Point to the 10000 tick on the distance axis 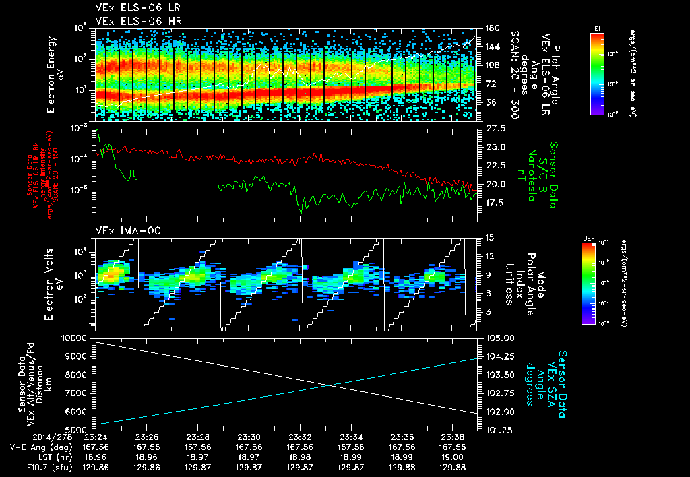click(75, 338)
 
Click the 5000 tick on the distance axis click(77, 429)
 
